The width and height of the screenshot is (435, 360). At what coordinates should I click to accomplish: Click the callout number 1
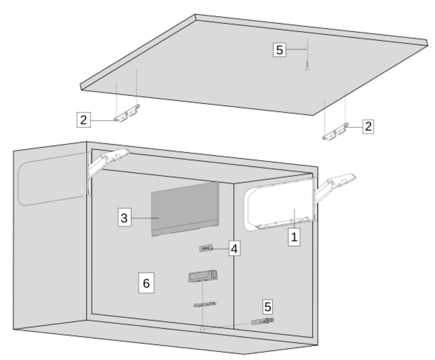tap(294, 237)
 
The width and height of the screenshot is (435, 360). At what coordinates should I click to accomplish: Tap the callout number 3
tap(124, 217)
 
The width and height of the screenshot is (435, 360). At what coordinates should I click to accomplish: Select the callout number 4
tap(235, 248)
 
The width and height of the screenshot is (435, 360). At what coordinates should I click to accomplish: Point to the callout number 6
tap(146, 283)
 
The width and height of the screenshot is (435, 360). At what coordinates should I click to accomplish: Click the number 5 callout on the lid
tap(280, 50)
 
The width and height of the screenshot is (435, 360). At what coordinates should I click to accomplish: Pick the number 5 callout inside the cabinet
tap(268, 307)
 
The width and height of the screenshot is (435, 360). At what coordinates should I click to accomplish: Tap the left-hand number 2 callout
tap(84, 120)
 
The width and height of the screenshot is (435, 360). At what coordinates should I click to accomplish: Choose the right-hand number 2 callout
tap(368, 127)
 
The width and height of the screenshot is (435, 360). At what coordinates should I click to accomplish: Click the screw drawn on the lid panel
tap(307, 65)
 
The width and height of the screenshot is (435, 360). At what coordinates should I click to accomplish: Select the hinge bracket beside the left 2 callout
tap(127, 113)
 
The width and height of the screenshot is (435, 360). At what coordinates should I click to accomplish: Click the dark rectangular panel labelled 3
tap(185, 209)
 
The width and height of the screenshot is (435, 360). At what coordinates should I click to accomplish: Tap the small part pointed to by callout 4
tap(206, 248)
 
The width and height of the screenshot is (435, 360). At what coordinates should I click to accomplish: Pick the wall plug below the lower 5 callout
tap(262, 321)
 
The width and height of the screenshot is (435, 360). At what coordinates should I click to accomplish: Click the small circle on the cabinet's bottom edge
tap(202, 329)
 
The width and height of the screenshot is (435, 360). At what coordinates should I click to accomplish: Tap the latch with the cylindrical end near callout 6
tap(203, 276)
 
